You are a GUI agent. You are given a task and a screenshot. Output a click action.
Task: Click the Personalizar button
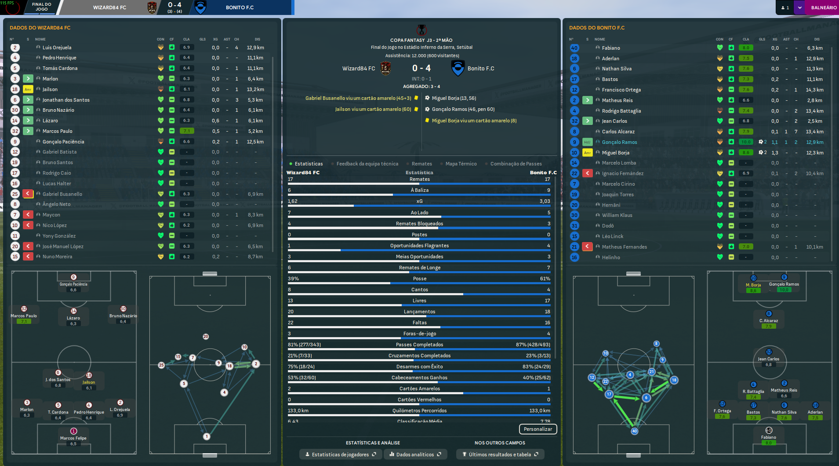coord(538,429)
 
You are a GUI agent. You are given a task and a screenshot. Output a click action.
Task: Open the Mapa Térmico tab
coord(461,164)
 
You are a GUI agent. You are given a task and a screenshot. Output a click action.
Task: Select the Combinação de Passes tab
coord(516,164)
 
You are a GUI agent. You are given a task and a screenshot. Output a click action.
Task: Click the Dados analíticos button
coord(415,455)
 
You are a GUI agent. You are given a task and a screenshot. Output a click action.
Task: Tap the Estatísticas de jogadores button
coord(340,455)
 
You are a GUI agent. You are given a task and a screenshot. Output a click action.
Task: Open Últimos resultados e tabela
coord(500,455)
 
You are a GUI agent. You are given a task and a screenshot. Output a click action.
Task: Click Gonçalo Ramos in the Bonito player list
coord(619,142)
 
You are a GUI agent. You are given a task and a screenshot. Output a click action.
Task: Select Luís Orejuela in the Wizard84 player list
coord(57,48)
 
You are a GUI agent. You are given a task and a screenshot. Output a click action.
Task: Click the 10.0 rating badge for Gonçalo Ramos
coord(746,142)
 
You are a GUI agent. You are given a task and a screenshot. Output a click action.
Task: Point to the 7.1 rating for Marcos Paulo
coord(186,131)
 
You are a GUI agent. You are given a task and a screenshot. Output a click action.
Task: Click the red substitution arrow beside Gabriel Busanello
coord(28,194)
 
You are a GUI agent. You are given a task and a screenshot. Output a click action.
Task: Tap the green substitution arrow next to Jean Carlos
coord(587,121)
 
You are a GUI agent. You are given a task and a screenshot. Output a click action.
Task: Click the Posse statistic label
coord(419,279)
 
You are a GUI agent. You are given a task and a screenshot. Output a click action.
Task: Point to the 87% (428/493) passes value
coord(533,345)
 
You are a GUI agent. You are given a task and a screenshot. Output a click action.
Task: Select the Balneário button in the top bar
coord(823,7)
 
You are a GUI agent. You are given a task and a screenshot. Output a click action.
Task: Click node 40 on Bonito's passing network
coord(634,431)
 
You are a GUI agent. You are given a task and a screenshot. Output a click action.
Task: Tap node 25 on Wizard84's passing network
coord(161,365)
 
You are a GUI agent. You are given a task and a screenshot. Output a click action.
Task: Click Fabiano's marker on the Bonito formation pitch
coord(769,430)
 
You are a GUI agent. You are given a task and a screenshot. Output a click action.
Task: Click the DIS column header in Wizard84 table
coord(257,39)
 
